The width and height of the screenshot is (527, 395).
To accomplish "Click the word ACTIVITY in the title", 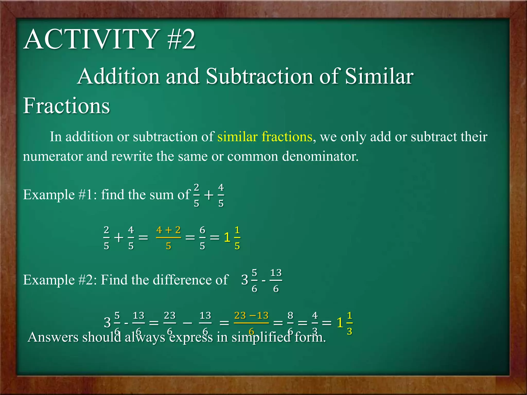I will pyautogui.click(x=91, y=39).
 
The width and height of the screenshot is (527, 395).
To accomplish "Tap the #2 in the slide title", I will pyautogui.click(x=181, y=39).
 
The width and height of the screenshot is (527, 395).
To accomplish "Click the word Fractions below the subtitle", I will pyautogui.click(x=66, y=106).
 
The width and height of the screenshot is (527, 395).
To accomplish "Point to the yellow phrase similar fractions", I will pyautogui.click(x=265, y=137).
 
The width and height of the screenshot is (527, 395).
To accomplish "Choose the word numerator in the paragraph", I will pyautogui.click(x=53, y=156).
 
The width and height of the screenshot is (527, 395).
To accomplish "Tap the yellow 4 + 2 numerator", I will pyautogui.click(x=169, y=230).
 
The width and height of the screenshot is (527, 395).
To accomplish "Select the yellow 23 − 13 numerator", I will pyautogui.click(x=251, y=315).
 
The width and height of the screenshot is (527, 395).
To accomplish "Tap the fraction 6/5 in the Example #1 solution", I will pyautogui.click(x=203, y=238).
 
